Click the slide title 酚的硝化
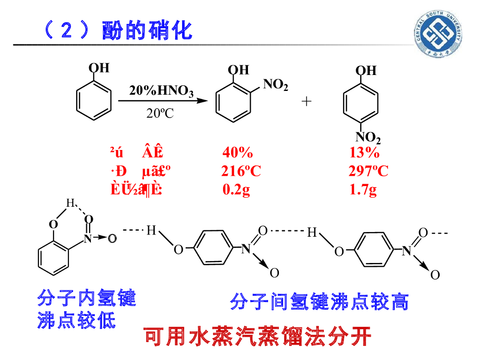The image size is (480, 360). tap(147, 31)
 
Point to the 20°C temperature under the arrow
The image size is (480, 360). tap(160, 113)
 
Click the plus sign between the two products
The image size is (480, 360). tap(307, 101)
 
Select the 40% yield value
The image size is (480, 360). tap(238, 153)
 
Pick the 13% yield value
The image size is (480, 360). tap(365, 153)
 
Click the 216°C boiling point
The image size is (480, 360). tap(241, 171)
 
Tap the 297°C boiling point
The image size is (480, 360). tap(368, 171)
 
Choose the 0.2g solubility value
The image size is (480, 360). tap(236, 190)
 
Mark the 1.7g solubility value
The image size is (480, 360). tap(363, 190)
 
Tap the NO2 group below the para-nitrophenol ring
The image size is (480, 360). tap(367, 137)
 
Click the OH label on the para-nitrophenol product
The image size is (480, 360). tap(366, 70)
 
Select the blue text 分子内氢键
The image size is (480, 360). tap(87, 298)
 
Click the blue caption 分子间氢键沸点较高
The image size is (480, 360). tap(319, 301)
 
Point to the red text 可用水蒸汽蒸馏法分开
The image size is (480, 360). tap(257, 336)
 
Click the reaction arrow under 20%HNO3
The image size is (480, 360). tap(162, 101)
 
